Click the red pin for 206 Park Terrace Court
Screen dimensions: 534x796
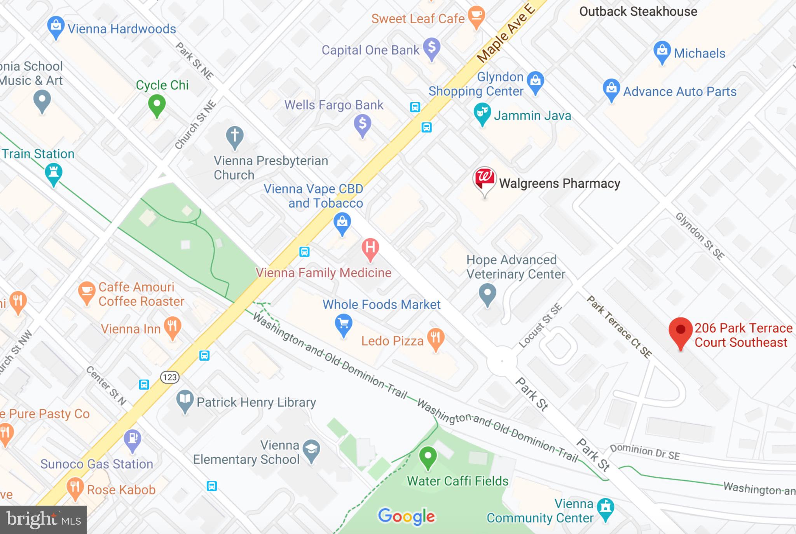click(680, 330)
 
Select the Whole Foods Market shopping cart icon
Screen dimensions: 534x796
click(344, 323)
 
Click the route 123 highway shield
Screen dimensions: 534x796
click(170, 377)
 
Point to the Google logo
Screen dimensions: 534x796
click(407, 516)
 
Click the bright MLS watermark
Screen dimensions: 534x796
click(43, 520)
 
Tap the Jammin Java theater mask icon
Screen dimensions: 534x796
click(482, 113)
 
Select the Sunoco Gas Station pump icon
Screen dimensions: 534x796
click(133, 439)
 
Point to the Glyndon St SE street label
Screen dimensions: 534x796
click(700, 236)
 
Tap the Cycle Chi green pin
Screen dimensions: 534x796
click(157, 104)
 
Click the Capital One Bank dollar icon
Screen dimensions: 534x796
click(431, 47)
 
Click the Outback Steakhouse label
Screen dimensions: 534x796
click(638, 12)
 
